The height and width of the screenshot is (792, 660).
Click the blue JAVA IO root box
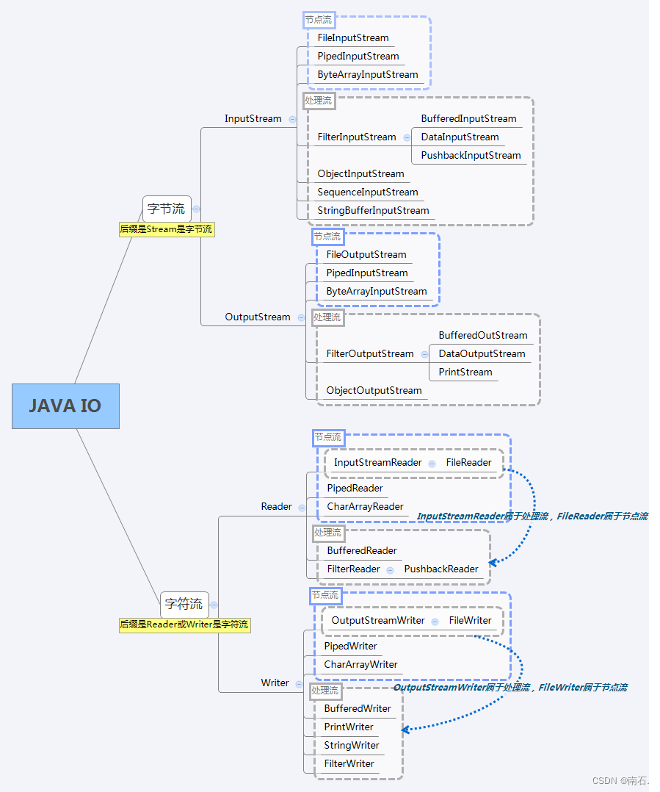coord(65,406)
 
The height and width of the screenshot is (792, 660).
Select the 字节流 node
coord(166,209)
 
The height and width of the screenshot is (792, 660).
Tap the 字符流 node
coord(184,604)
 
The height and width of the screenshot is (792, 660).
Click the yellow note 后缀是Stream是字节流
coord(166,229)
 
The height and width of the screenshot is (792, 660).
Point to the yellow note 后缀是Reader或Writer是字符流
coord(184,624)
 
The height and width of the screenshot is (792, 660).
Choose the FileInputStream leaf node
coord(353,37)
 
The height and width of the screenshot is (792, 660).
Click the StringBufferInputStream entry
coord(373,210)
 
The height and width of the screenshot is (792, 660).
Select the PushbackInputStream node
coord(471,155)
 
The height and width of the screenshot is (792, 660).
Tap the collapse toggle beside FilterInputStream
coord(405,137)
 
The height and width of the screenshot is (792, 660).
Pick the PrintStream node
coord(465,372)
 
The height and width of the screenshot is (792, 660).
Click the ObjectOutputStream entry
coord(374,390)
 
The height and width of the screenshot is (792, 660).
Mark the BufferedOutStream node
coord(483,335)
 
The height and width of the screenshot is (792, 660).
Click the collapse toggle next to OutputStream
coord(300,317)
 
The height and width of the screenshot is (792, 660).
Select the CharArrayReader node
coord(365,506)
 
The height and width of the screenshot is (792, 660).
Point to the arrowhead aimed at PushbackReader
coord(493,562)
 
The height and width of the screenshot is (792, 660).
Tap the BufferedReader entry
coord(362,550)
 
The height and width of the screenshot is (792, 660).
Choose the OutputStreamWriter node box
coord(377,620)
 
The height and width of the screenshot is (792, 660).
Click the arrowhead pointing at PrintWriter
coord(405,730)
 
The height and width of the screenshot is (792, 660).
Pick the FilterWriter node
coord(349,763)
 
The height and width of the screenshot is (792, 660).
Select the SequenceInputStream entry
coord(368,192)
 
